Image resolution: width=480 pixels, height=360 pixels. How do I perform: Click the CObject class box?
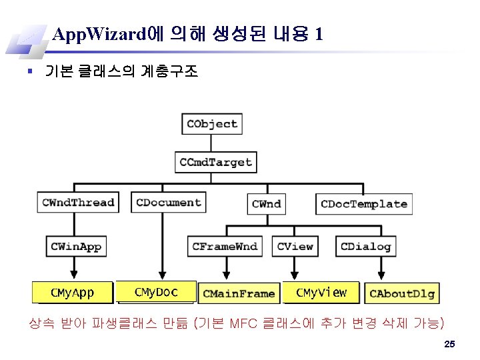pyautogui.click(x=211, y=124)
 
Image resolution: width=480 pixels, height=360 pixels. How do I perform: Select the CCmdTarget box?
pyautogui.click(x=215, y=162)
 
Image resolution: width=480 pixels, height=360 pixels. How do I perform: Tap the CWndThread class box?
pyautogui.click(x=78, y=203)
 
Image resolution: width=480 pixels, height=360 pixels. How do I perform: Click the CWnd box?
pyautogui.click(x=266, y=204)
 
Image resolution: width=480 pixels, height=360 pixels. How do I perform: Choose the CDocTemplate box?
pyautogui.click(x=363, y=204)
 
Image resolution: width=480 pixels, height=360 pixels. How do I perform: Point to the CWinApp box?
pyautogui.click(x=76, y=247)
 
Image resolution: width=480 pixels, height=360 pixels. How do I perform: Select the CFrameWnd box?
pyautogui.click(x=225, y=247)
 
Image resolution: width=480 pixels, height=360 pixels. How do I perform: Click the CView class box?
pyautogui.click(x=295, y=247)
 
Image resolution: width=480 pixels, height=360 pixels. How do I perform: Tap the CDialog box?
pyautogui.click(x=365, y=247)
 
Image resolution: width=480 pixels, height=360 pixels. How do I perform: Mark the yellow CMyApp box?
pyautogui.click(x=73, y=293)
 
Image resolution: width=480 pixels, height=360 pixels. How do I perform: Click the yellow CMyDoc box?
pyautogui.click(x=156, y=292)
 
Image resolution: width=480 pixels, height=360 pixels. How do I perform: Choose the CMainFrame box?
pyautogui.click(x=239, y=293)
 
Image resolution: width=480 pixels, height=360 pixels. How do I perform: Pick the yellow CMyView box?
pyautogui.click(x=321, y=292)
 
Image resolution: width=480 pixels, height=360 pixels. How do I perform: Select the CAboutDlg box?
pyautogui.click(x=401, y=293)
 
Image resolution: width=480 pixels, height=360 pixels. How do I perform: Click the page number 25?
pyautogui.click(x=449, y=344)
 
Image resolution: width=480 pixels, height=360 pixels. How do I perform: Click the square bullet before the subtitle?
pyautogui.click(x=31, y=71)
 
